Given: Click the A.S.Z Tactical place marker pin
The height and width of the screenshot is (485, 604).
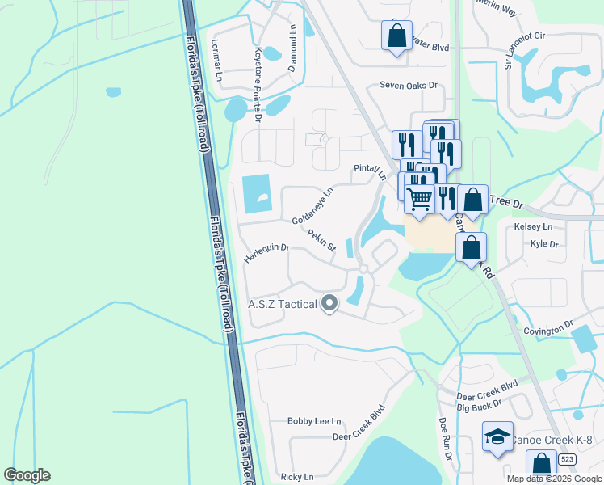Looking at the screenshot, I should click(x=329, y=304).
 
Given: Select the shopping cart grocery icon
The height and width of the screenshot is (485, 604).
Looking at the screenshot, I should click(x=419, y=198).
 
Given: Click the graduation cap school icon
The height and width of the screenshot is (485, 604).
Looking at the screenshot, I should click(x=497, y=437).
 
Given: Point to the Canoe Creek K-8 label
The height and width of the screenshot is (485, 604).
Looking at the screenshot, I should click(x=552, y=439).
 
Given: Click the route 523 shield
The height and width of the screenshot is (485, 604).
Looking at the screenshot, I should click(x=568, y=458).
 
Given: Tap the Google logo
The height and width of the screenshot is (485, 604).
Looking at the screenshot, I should click(x=27, y=475).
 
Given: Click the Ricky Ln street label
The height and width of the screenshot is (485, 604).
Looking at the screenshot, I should click(x=296, y=477).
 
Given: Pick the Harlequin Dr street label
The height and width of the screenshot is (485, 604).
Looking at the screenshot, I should click(x=266, y=253).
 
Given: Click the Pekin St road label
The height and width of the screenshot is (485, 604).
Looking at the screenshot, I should click(x=321, y=241).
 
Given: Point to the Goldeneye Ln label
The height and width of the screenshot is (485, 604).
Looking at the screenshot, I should click(x=312, y=207).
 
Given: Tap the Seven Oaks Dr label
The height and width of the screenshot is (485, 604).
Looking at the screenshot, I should click(x=409, y=85).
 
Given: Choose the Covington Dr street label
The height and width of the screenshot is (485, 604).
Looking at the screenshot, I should click(x=547, y=330).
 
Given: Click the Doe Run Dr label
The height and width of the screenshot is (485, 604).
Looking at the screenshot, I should click(x=444, y=439).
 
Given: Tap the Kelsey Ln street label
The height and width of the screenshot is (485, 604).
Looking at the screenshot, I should click(x=533, y=227).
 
